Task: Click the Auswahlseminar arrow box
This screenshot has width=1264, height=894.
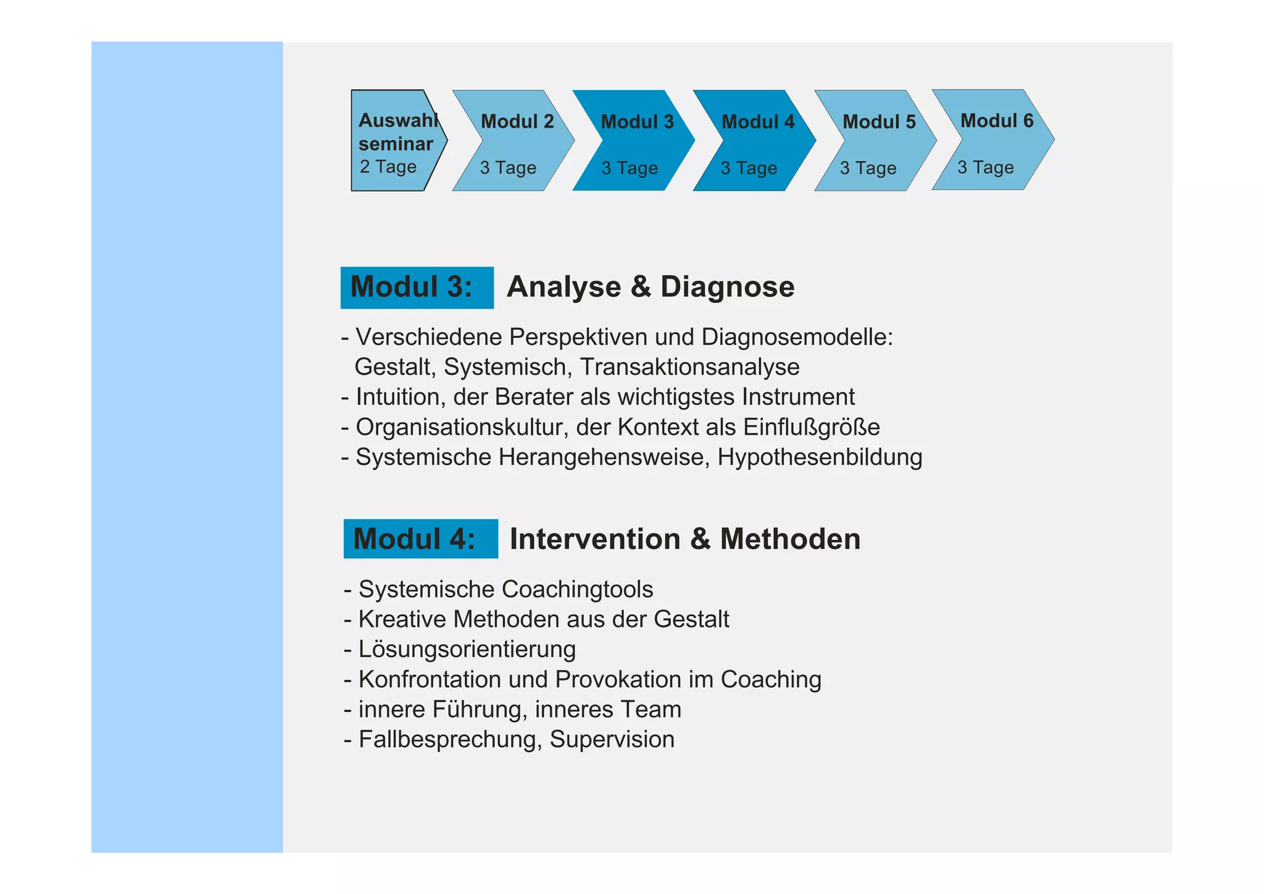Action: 395,141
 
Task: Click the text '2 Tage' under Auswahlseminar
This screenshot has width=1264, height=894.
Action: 388,167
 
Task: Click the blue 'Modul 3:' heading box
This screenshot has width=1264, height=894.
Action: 417,288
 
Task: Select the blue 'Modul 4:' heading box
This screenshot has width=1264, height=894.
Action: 420,539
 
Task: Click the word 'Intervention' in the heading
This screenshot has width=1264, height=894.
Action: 595,539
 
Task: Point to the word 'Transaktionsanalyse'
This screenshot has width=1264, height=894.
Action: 689,367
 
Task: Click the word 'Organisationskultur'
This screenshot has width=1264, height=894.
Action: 462,427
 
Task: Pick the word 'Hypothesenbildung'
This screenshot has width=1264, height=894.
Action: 820,457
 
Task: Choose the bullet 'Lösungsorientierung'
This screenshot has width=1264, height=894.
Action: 467,650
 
